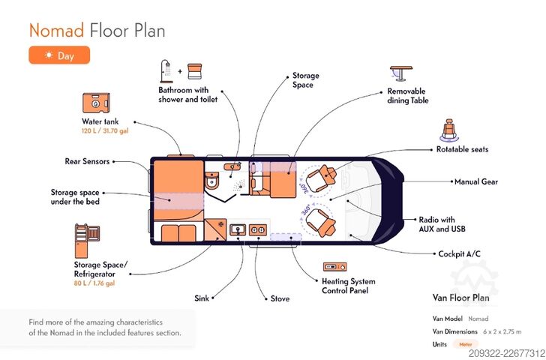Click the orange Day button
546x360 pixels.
pos(59,55)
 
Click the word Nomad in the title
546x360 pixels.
pos(56,30)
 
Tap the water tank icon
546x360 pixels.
pos(96,103)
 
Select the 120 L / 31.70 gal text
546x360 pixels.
pos(105,131)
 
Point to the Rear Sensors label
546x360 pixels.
pos(87,161)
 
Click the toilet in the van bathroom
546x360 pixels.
pos(211,180)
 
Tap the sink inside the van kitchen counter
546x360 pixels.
pos(238,229)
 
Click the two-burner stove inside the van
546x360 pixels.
pos(258,229)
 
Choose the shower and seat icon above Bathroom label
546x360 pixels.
pos(181,71)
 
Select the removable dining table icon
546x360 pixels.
pos(400,73)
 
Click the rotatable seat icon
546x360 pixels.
pos(449,130)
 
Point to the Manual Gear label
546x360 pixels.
pos(476,181)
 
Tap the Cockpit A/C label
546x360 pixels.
pos(459,253)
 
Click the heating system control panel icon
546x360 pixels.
pos(334,267)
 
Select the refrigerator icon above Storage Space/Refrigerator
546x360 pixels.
pos(88,241)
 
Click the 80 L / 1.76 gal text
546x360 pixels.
pos(94,283)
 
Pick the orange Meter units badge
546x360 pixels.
pos(466,344)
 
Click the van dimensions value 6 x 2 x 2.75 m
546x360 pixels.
pos(502,331)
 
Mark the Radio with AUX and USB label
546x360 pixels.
pos(442,224)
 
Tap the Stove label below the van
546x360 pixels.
pos(280,298)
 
